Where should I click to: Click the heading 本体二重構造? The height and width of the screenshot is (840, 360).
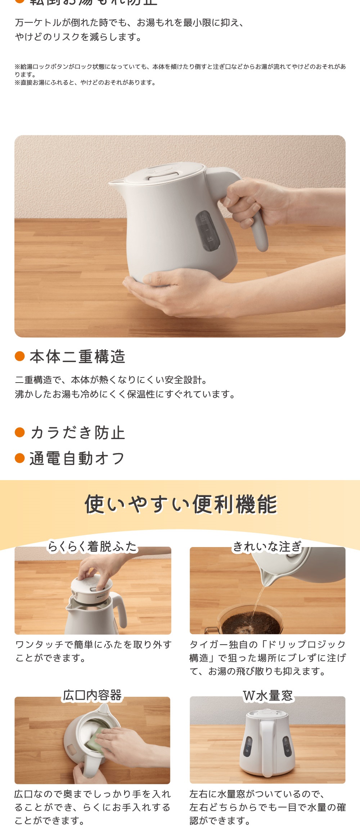tap(77, 357)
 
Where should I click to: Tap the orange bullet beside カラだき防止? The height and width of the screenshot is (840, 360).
tap(19, 432)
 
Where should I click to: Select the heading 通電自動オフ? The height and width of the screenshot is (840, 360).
tap(77, 459)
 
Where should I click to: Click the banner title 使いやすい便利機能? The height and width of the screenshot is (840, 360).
tap(181, 504)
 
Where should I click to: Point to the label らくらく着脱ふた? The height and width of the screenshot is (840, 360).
tap(92, 546)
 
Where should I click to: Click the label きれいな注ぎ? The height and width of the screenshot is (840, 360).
tap(267, 546)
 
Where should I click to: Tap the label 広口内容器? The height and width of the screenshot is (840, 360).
tap(92, 695)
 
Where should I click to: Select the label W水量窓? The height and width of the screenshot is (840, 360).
tap(268, 695)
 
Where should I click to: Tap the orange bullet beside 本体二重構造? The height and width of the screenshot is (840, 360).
tap(19, 356)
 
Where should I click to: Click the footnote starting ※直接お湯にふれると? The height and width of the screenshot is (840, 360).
tap(85, 82)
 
